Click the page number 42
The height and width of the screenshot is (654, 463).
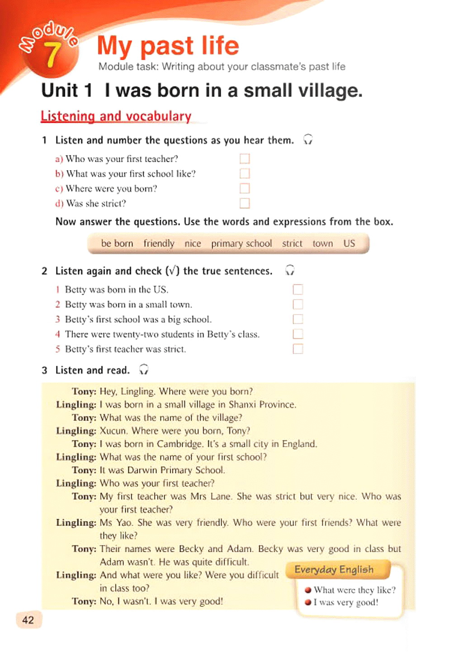[x=28, y=620]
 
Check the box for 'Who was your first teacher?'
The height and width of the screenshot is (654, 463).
[x=245, y=159]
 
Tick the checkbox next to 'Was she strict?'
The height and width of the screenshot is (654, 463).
[x=245, y=203]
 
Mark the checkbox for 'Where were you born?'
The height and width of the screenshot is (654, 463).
[x=245, y=188]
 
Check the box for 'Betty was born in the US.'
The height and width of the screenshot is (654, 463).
[x=298, y=289]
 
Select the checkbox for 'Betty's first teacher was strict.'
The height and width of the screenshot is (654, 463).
[x=298, y=349]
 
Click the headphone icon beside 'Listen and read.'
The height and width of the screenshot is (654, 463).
[x=144, y=370]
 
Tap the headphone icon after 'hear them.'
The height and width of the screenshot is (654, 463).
[x=308, y=139]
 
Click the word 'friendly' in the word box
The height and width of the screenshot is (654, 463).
[x=159, y=243]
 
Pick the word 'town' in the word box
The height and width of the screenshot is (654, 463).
[x=322, y=243]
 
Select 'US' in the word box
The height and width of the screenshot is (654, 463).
[x=349, y=243]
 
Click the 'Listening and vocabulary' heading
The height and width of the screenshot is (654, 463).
[x=116, y=116]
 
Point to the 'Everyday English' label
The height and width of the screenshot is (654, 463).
[x=334, y=569]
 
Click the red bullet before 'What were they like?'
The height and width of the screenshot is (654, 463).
[x=308, y=590]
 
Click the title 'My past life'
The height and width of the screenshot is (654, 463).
[x=168, y=46]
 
